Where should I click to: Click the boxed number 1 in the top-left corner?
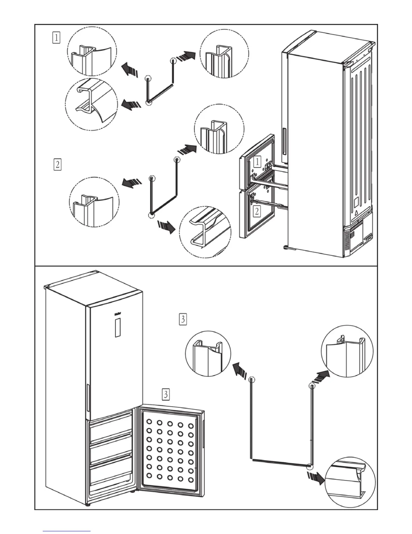56,37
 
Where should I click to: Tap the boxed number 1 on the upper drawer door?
257,161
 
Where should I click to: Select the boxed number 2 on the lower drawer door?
257,211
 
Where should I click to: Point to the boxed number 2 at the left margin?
58,165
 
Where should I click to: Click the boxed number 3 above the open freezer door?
166,394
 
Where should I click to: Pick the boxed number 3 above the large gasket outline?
183,319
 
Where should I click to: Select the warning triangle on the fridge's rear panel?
355,213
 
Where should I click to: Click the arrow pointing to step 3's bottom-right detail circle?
315,478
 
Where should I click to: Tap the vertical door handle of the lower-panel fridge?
88,398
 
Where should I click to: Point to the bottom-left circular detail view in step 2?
94,201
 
